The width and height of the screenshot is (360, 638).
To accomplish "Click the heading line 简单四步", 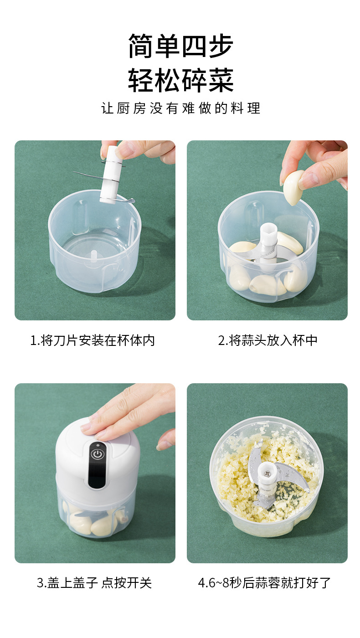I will pyautogui.click(x=180, y=46).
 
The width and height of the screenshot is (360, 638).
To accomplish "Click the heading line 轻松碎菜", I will pyautogui.click(x=180, y=81).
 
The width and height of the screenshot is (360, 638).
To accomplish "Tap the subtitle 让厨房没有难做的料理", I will pyautogui.click(x=180, y=108).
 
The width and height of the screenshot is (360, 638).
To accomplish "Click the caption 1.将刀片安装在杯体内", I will pyautogui.click(x=93, y=340).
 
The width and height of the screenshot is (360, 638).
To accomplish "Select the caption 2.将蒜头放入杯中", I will pyautogui.click(x=267, y=340).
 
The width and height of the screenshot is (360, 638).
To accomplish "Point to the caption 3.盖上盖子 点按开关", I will pyautogui.click(x=94, y=583).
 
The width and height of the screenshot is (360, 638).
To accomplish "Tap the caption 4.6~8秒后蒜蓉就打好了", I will pyautogui.click(x=264, y=583).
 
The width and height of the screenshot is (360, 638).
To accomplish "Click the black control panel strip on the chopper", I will pyautogui.click(x=96, y=465).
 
